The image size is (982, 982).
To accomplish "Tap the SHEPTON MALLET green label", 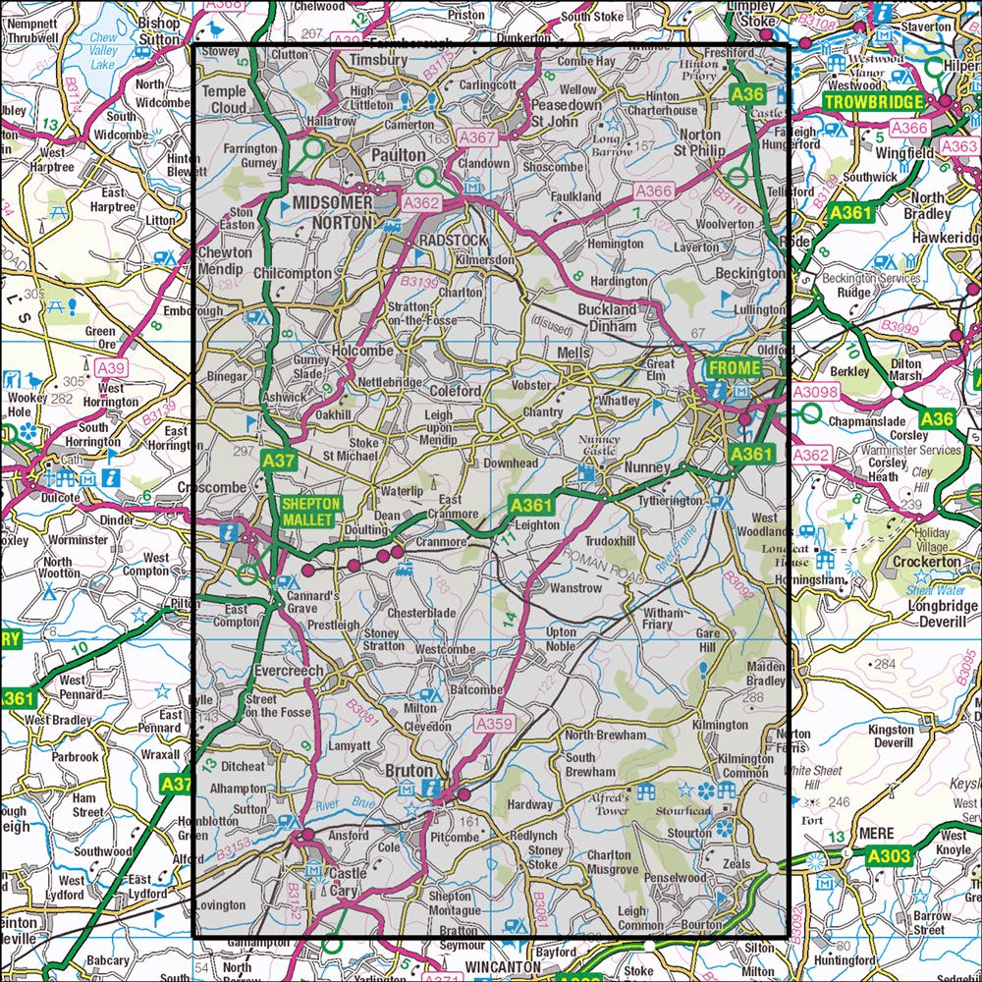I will [x=310, y=510].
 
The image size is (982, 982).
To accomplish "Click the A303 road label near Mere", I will [x=890, y=857].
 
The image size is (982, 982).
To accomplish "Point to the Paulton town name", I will [x=399, y=155].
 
